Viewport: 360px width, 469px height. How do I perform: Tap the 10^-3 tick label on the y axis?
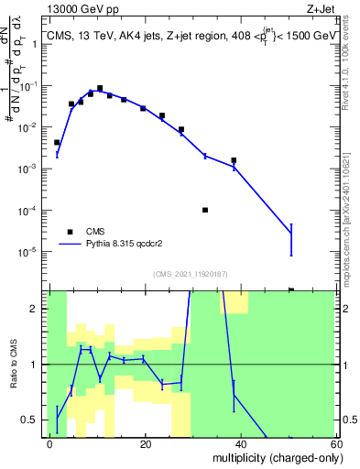pyautogui.click(x=33, y=169)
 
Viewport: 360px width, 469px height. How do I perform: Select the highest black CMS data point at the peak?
pyautogui.click(x=100, y=88)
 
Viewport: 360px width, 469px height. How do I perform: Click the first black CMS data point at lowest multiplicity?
pyautogui.click(x=57, y=143)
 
